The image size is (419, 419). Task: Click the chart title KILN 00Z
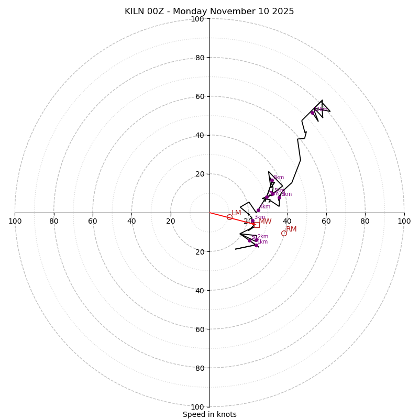click(209, 12)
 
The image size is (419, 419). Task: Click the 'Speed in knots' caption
click(210, 414)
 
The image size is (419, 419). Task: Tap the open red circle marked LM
click(229, 217)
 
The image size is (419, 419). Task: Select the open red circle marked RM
click(284, 233)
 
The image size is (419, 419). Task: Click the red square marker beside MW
click(256, 225)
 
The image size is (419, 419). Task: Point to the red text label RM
click(291, 229)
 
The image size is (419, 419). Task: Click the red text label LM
click(236, 213)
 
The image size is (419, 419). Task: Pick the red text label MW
click(265, 222)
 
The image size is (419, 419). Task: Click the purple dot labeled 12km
click(312, 113)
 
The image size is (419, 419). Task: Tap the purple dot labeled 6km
click(271, 180)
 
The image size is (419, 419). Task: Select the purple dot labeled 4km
click(258, 210)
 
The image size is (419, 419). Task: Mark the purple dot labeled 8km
click(279, 197)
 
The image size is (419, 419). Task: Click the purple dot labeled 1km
click(256, 245)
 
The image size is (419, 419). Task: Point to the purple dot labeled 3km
click(252, 220)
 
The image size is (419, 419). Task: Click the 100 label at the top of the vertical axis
click(197, 19)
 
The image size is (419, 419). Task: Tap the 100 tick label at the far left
click(15, 221)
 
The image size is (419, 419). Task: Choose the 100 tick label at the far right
click(404, 221)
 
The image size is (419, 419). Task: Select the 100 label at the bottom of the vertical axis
click(197, 407)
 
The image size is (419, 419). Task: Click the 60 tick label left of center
click(93, 221)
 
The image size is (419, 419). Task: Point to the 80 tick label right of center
click(365, 221)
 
